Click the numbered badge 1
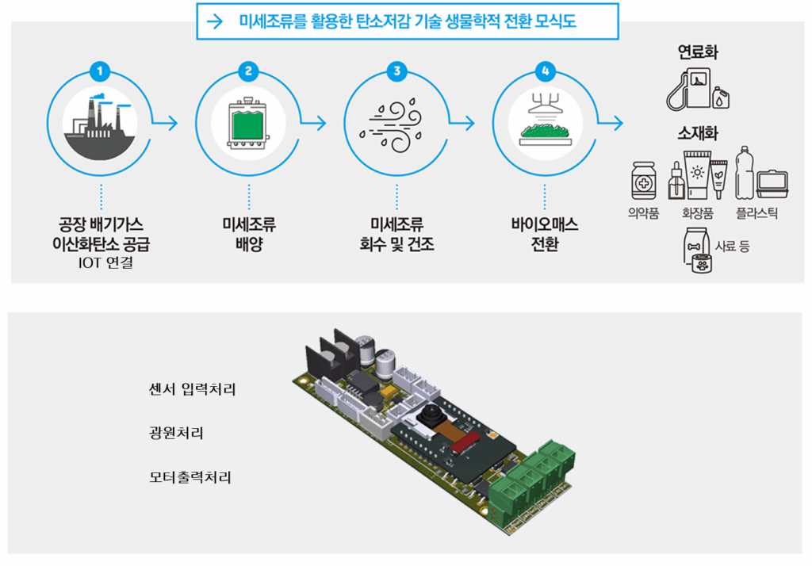pos(100,71)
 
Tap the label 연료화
pos(698,53)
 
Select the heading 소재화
pos(698,133)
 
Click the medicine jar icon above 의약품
pos(643,181)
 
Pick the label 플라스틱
pos(756,213)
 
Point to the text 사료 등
pos(732,246)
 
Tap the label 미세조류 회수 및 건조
pos(396,235)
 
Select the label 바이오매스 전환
pos(545,235)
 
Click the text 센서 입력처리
pos(192,389)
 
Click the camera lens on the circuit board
pos(431,415)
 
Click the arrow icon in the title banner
pos(214,22)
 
